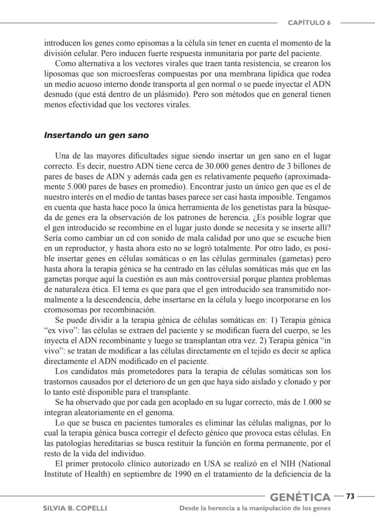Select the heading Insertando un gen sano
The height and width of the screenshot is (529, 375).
pyautogui.click(x=96, y=135)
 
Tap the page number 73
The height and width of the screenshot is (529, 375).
pyautogui.click(x=350, y=496)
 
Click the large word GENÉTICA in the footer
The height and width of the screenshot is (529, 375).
pyautogui.click(x=300, y=497)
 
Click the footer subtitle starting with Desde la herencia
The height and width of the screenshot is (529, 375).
pyautogui.click(x=255, y=508)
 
